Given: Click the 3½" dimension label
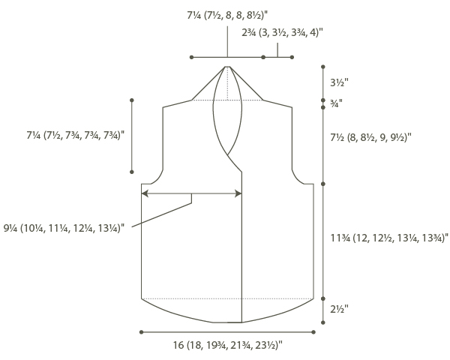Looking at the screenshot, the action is pos(339,82).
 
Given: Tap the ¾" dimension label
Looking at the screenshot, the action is pos(336,103).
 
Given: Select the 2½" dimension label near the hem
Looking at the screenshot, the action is pos(339,309).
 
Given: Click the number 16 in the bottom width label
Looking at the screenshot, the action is pos(178,345).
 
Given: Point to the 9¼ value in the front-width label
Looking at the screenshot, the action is pos(10,228).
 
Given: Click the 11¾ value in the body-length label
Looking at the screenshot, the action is pos(340,238).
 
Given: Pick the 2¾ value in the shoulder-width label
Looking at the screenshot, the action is pos(248,33).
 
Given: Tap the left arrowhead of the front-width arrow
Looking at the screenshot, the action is pos(145,193).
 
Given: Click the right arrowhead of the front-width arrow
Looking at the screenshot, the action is pos(238,193).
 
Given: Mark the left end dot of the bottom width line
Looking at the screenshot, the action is pos(141,332).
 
